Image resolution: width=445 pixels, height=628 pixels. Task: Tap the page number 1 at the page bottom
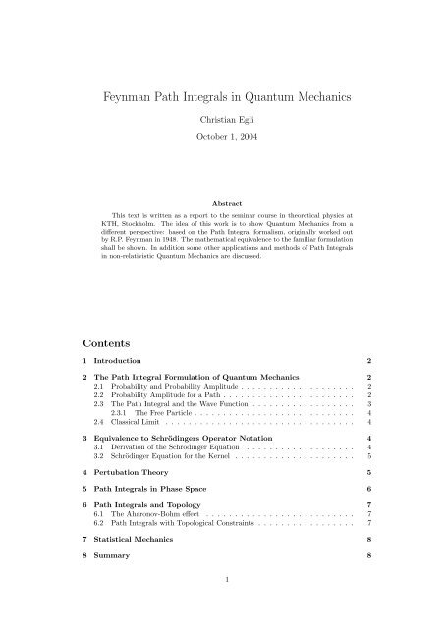pos(222,606)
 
